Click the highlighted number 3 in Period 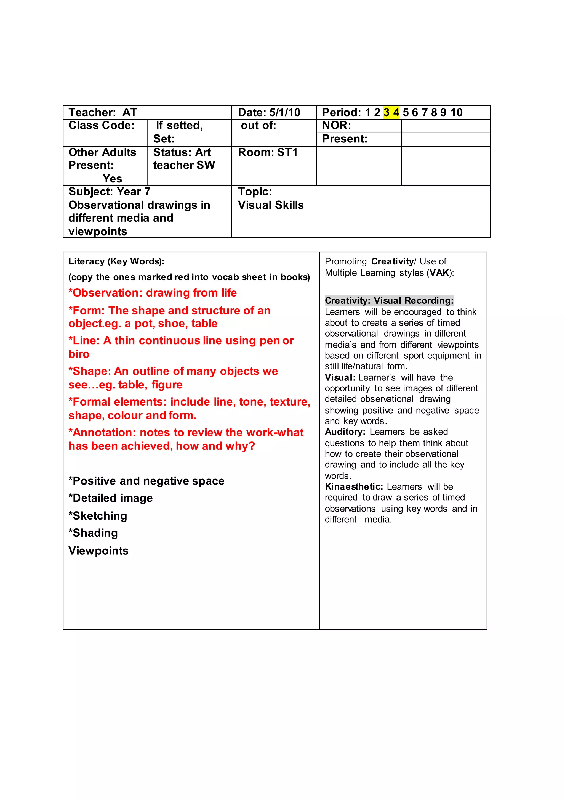(386, 112)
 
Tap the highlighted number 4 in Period (396, 112)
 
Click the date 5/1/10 (285, 112)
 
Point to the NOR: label (336, 125)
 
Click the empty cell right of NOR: (445, 126)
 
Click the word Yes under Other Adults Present (112, 179)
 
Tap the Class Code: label (101, 125)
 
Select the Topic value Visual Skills (271, 205)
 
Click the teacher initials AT (129, 112)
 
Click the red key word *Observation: (105, 293)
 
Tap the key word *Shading (93, 533)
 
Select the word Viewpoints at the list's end (98, 551)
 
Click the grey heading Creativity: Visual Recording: (389, 300)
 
